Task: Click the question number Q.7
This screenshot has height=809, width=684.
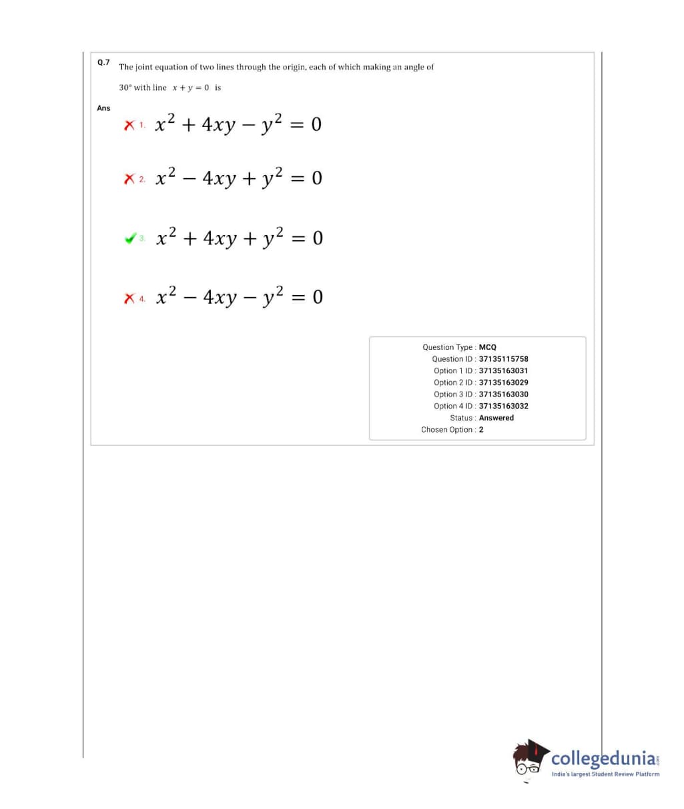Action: [103, 62]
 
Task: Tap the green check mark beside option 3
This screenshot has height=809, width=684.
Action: [130, 238]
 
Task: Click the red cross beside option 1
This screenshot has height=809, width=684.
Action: [129, 125]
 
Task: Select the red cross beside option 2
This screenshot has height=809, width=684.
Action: [129, 179]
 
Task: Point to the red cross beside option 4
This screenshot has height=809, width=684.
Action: [129, 298]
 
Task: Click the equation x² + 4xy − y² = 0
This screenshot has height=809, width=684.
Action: [238, 124]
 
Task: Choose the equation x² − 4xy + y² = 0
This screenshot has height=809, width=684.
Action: [238, 178]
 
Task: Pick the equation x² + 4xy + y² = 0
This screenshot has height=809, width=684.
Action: [238, 237]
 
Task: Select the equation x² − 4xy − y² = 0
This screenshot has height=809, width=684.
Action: [238, 296]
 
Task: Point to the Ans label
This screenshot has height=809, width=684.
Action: [103, 108]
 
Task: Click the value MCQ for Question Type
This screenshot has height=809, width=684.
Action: [488, 347]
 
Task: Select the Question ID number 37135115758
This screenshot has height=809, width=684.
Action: [503, 359]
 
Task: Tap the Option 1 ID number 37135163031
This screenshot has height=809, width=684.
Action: [503, 370]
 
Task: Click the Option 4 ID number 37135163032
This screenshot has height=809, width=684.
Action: [503, 406]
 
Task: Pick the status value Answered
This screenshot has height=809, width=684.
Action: [496, 418]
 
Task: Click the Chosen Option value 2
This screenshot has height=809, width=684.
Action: [481, 430]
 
